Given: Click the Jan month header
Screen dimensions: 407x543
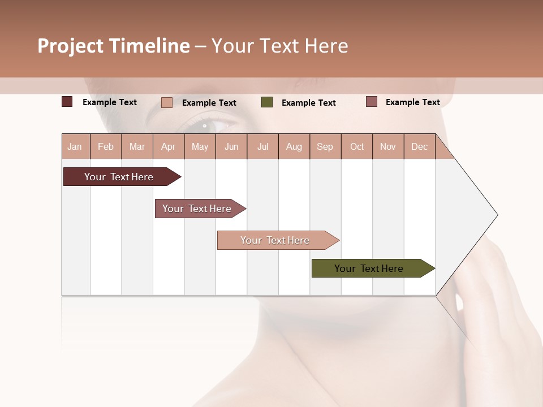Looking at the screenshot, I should pos(75,146).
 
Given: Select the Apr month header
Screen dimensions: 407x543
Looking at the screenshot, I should pos(168,146).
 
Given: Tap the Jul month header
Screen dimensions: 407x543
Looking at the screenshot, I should pos(262,146).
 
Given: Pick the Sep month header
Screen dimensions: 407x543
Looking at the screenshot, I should pos(325,146).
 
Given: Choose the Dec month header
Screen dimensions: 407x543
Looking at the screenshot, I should pos(419,146).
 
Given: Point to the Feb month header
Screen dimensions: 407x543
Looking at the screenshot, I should pos(106,146).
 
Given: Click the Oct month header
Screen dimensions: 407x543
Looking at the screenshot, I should pos(357,146).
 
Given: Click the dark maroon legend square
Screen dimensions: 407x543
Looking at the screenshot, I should pos(67,102).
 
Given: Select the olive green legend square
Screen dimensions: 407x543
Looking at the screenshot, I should pos(267,102).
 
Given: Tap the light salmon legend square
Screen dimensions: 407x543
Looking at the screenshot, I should pos(167,102).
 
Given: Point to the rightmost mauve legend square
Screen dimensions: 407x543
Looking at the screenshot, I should pos(372,102).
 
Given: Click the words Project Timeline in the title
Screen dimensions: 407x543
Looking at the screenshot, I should pos(114,46).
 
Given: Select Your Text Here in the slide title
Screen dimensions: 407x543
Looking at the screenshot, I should pos(279,46).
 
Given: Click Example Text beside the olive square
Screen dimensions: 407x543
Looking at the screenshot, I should pos(308,103).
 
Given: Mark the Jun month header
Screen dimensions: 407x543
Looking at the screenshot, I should pos(231,146).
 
